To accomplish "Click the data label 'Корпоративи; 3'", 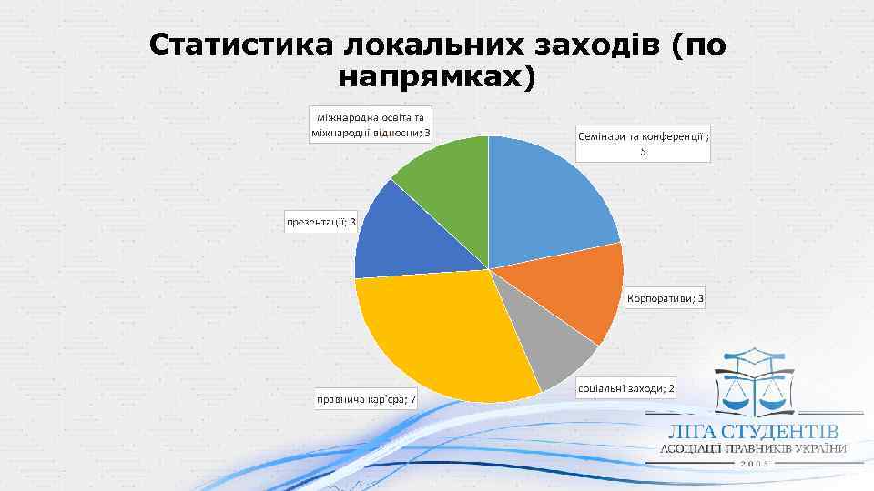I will click(666, 299).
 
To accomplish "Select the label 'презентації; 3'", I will click(321, 222).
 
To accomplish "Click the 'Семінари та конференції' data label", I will click(643, 143).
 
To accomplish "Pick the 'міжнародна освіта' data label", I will click(371, 125).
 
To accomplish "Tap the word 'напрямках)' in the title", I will click(436, 77).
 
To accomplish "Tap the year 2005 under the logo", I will click(755, 464).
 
